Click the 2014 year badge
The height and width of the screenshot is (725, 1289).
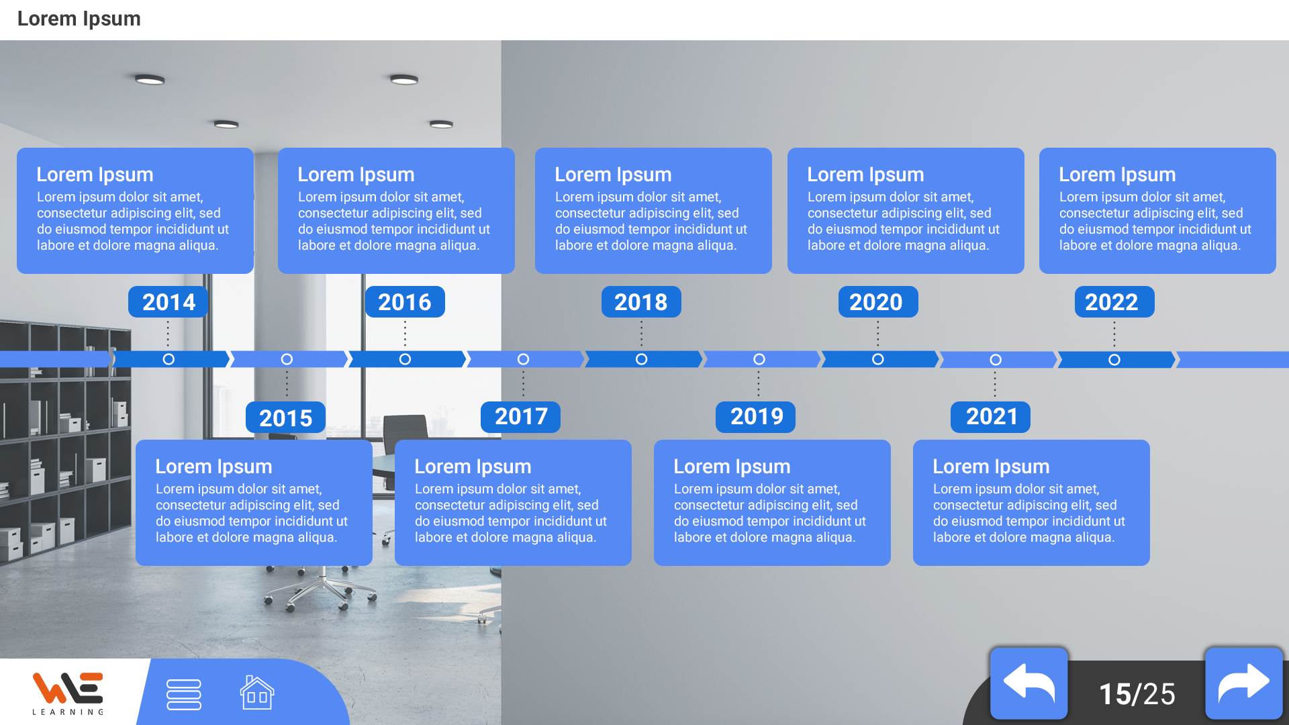click(x=168, y=301)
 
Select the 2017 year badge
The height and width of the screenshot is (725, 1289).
click(x=520, y=417)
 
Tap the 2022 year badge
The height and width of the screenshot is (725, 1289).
click(x=1114, y=301)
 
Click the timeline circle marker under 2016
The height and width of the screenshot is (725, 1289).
click(x=405, y=359)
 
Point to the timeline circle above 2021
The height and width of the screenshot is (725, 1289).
click(x=996, y=360)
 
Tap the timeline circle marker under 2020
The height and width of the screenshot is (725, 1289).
click(x=877, y=359)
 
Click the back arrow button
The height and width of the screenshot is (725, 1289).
click(x=1029, y=683)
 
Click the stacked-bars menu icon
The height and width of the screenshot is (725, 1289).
click(x=184, y=694)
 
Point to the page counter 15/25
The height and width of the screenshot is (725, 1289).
click(x=1137, y=694)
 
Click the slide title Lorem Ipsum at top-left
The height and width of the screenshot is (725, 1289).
click(x=79, y=19)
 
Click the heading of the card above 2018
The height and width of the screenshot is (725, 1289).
click(x=613, y=175)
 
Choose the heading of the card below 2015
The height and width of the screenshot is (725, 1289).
click(x=213, y=467)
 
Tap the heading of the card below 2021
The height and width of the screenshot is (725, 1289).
click(x=991, y=467)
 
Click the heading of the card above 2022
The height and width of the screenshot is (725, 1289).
click(x=1117, y=175)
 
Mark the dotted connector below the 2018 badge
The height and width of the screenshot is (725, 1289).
click(x=641, y=334)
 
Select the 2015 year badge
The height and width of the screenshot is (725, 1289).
click(x=285, y=418)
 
